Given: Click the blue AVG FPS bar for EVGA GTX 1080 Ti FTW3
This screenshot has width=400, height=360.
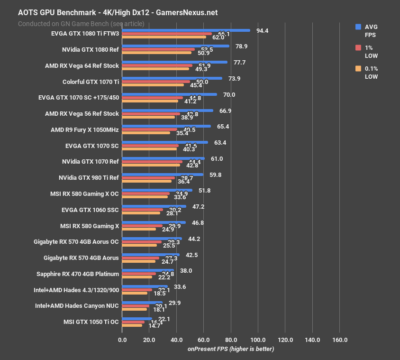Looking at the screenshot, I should (x=186, y=30).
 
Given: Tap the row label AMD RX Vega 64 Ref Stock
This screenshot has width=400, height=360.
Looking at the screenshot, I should (x=82, y=65).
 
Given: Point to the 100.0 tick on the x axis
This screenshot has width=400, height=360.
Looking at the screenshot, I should (x=258, y=340).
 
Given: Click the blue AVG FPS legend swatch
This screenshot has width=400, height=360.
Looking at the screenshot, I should (x=358, y=27).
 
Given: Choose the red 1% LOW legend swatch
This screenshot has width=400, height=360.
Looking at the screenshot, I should (x=358, y=48).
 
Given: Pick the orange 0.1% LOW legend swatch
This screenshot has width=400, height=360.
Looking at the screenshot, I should (x=358, y=69).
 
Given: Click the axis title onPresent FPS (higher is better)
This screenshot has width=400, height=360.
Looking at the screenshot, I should (x=231, y=349).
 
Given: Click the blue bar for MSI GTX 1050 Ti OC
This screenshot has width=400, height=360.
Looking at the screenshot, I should (x=137, y=319).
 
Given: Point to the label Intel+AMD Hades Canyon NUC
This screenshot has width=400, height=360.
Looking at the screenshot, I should (x=77, y=306).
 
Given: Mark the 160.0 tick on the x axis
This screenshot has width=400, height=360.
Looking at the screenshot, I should (x=340, y=340).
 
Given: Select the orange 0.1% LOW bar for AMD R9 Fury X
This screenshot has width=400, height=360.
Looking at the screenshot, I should (x=146, y=133).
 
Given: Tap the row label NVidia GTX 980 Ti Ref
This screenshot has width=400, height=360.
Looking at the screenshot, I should (x=89, y=178).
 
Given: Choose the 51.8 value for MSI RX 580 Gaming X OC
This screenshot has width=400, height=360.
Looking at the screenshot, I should (x=205, y=191).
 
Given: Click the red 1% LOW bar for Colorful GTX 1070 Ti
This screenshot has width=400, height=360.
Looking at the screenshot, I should (x=156, y=82).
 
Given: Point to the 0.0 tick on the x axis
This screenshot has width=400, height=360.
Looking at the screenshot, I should (x=122, y=340).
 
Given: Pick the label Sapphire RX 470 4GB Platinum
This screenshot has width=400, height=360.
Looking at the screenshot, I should (x=78, y=274).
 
